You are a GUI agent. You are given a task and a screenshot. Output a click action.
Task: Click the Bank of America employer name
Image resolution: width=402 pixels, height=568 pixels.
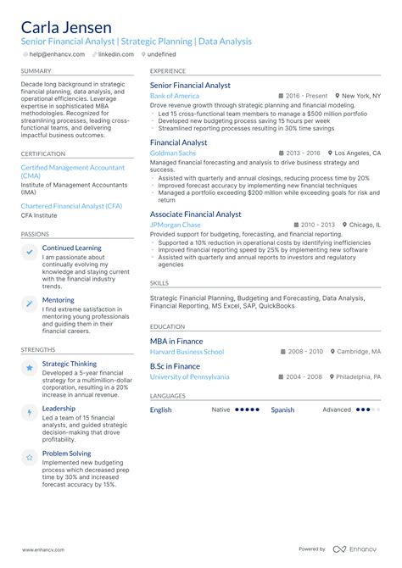pos(175,97)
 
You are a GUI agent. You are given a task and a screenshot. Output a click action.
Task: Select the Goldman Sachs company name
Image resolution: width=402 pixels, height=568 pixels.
pos(172,153)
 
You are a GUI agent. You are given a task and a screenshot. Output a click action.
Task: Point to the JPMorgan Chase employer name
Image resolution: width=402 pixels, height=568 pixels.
pos(176,225)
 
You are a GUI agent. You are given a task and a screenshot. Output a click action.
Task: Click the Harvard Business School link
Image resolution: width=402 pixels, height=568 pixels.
pos(187,351)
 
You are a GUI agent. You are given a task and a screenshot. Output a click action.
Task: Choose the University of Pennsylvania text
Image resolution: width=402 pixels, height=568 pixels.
pos(189,376)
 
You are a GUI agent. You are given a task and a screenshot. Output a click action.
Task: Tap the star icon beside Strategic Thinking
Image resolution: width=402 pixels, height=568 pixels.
pos(30,367)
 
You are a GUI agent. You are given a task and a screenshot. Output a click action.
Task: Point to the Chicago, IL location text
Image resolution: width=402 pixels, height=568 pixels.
pos(365,225)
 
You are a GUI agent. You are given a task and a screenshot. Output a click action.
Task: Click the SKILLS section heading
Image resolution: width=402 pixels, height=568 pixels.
pos(159,282)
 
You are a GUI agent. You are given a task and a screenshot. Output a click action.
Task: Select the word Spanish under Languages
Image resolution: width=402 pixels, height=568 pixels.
pos(282,409)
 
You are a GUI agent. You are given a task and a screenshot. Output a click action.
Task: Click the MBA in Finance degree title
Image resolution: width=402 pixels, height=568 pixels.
pos(176,341)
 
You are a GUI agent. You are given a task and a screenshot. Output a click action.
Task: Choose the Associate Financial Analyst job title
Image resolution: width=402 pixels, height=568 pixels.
pos(196,214)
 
